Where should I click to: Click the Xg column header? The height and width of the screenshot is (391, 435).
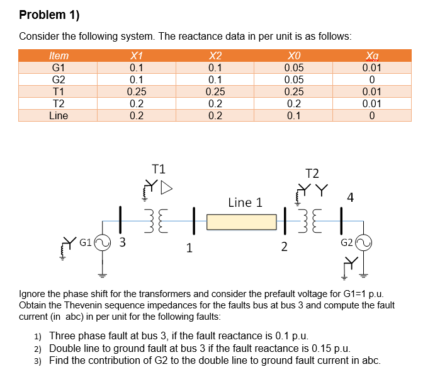(x=371, y=55)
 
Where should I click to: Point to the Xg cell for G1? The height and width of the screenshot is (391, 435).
(x=371, y=68)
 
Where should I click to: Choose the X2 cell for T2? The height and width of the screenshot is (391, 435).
(x=215, y=104)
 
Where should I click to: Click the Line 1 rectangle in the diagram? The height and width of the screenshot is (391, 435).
(x=242, y=222)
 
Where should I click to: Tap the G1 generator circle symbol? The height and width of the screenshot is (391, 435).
(x=103, y=242)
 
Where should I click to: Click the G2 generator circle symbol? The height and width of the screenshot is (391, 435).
(x=363, y=242)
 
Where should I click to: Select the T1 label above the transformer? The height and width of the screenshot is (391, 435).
(x=159, y=168)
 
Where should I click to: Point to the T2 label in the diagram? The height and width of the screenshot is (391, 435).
(x=312, y=173)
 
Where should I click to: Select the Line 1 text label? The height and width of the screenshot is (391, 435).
(x=245, y=202)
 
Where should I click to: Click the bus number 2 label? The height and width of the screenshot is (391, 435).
(x=284, y=247)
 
